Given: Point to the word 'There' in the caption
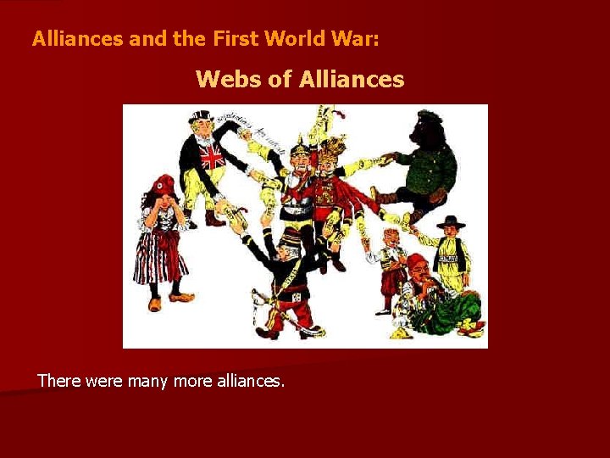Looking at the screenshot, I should click(58, 381).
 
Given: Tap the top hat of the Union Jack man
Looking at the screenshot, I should click(201, 115).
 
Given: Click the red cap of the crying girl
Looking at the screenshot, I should click(163, 184).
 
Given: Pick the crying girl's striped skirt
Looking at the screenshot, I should click(160, 260).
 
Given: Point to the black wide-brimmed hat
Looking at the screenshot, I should click(450, 221).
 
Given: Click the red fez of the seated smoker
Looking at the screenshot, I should click(417, 261).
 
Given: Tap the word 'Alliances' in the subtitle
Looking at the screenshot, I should click(352, 80).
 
